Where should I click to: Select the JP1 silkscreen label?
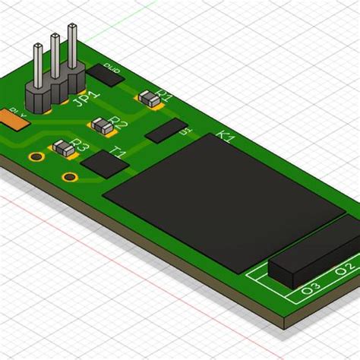87,101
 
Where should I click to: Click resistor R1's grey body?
149,98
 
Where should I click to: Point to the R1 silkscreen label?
165,96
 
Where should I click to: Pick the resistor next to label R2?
100,125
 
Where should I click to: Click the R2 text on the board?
118,124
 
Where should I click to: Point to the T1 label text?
118,153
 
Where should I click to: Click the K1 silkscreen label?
226,137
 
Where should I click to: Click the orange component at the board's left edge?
11,118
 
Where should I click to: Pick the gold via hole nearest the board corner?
70,178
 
